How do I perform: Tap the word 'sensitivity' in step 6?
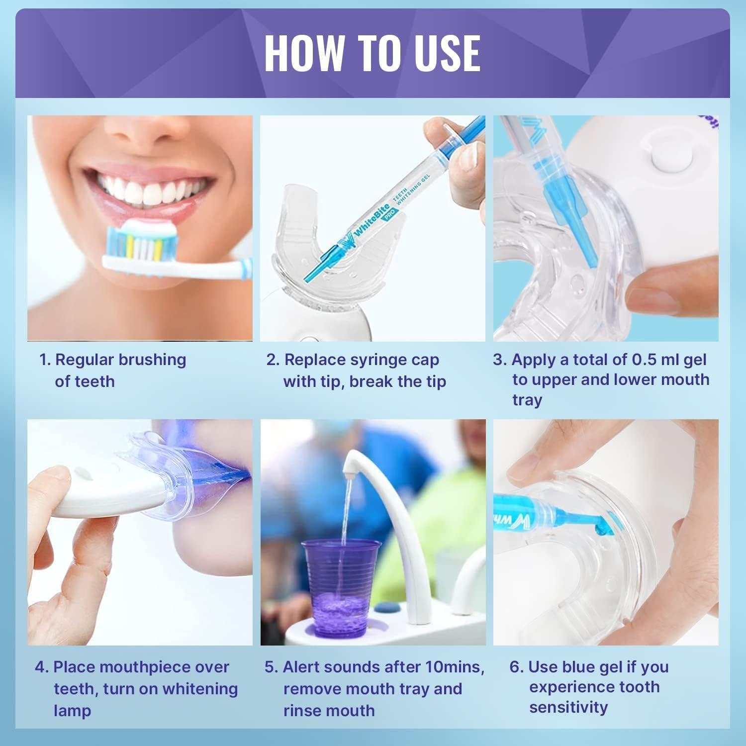(x=568, y=707)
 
